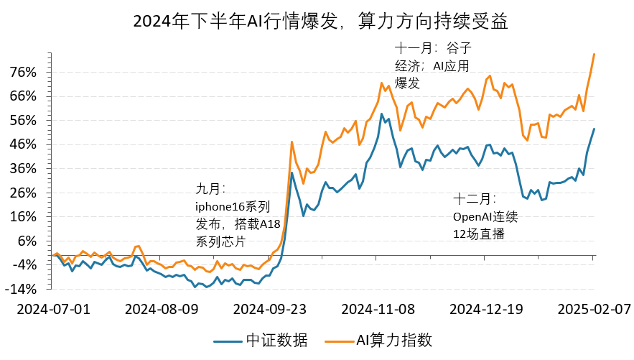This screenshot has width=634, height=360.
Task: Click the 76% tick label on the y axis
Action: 23,72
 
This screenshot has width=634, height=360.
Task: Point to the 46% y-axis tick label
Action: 23,144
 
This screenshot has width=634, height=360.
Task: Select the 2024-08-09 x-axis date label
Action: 162,309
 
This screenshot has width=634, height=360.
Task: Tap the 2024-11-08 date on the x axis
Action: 378,309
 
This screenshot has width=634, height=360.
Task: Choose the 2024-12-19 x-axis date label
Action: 486,309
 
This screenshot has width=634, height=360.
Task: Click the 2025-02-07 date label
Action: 594,309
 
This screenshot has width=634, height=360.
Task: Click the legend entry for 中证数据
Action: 263,340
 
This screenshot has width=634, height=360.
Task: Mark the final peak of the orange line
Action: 594,54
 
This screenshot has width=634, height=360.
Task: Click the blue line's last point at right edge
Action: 594,129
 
